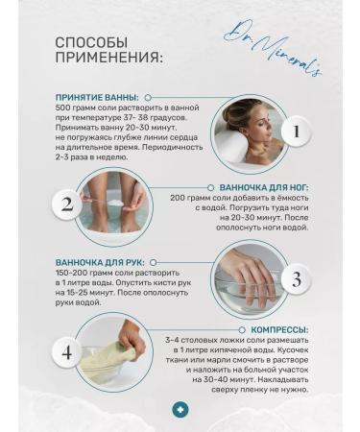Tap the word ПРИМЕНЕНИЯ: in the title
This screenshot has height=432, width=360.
[x=108, y=59]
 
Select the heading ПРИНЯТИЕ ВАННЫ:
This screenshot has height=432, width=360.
[x=96, y=97]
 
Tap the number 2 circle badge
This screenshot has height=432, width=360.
[x=67, y=204]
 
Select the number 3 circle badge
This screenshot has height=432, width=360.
[x=297, y=279]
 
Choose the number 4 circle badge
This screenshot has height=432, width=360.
[x=67, y=351]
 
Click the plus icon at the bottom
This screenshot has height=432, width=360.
[x=180, y=409]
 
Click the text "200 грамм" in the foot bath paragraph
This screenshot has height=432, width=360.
[x=192, y=197]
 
